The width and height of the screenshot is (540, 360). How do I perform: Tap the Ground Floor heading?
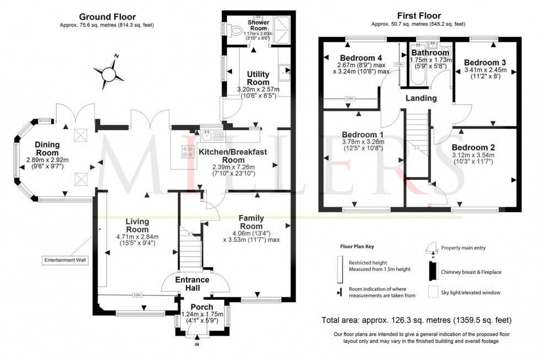(107, 17)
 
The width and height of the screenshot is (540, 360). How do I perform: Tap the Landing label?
(421, 98)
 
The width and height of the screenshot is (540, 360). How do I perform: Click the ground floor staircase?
(190, 251)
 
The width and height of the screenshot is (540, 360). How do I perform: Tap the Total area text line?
(417, 320)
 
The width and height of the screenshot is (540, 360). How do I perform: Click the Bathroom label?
(430, 53)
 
